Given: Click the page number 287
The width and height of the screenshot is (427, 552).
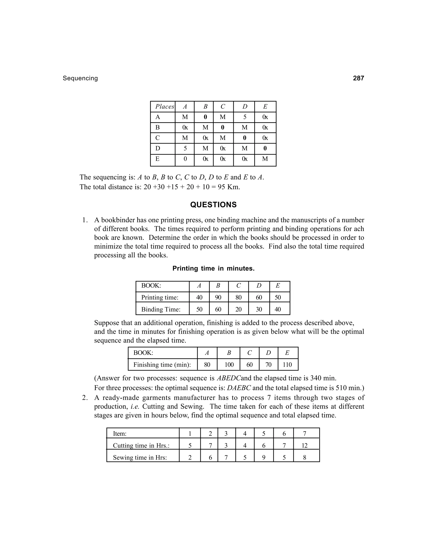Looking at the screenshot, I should point(358,78).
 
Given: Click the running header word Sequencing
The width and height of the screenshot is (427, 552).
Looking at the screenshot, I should point(80,78).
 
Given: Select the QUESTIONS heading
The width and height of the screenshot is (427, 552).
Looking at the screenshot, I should point(213,205).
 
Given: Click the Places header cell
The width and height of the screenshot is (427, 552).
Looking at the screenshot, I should point(165,107).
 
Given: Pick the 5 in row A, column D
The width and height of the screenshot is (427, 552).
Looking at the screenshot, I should point(245,117).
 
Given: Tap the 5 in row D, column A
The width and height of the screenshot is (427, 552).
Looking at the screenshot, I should point(185,148).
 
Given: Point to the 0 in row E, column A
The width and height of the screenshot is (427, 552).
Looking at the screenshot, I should point(185,159).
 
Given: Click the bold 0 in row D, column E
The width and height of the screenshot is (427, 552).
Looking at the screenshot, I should point(265,148).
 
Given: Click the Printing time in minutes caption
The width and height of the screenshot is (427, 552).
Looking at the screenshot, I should point(213,269).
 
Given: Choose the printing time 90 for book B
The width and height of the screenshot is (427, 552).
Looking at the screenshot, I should point(218,297).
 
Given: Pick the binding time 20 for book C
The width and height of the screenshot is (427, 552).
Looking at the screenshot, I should point(238,309).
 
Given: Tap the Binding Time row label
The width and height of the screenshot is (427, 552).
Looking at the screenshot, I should point(161,309).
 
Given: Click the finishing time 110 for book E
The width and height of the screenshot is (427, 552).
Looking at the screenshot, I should point(287,365).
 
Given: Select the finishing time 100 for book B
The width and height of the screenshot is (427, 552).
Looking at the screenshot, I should point(229,365).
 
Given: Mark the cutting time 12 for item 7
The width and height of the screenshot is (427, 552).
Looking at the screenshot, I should point(304,446).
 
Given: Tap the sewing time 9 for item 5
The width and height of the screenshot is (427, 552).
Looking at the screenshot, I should point(263,457).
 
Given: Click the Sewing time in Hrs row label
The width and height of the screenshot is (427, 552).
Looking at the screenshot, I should point(140,457).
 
